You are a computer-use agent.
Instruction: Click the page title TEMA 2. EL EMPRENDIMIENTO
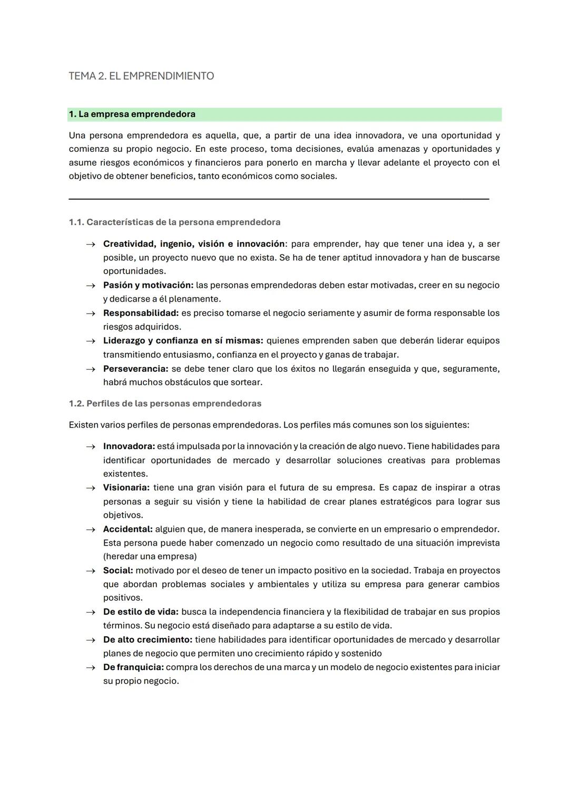pyautogui.click(x=141, y=76)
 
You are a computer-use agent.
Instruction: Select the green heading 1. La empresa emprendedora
pyautogui.click(x=132, y=114)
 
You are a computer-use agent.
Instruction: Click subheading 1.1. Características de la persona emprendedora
pyautogui.click(x=174, y=222)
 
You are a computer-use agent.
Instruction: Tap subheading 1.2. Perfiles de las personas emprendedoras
pyautogui.click(x=165, y=403)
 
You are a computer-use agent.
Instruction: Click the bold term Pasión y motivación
pyautogui.click(x=148, y=285)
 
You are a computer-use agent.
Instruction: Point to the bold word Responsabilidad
pyautogui.click(x=141, y=313)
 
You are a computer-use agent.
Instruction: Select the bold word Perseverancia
pyautogui.click(x=135, y=368)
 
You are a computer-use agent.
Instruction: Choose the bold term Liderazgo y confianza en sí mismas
pyautogui.click(x=183, y=341)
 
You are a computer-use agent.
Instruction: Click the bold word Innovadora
pyautogui.click(x=129, y=447)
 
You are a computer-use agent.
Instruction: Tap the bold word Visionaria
pyautogui.click(x=126, y=488)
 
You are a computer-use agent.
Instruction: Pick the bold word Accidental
pyautogui.click(x=127, y=529)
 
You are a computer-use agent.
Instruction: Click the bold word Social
pyautogui.click(x=117, y=570)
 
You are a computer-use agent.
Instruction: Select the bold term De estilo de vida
pyautogui.click(x=141, y=612)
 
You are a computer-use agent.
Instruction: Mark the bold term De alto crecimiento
pyautogui.click(x=148, y=639)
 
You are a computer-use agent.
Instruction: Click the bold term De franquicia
pyautogui.click(x=133, y=667)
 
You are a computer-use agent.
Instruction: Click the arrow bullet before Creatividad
pyautogui.click(x=91, y=244)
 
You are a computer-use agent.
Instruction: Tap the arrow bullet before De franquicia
pyautogui.click(x=91, y=667)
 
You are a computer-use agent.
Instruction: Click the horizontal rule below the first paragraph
pyautogui.click(x=279, y=199)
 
